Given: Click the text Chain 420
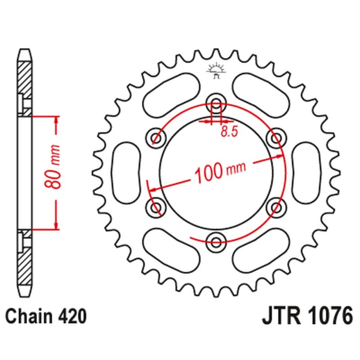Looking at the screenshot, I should click(x=46, y=316).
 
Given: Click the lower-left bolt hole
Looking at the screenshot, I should click(x=156, y=206).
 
